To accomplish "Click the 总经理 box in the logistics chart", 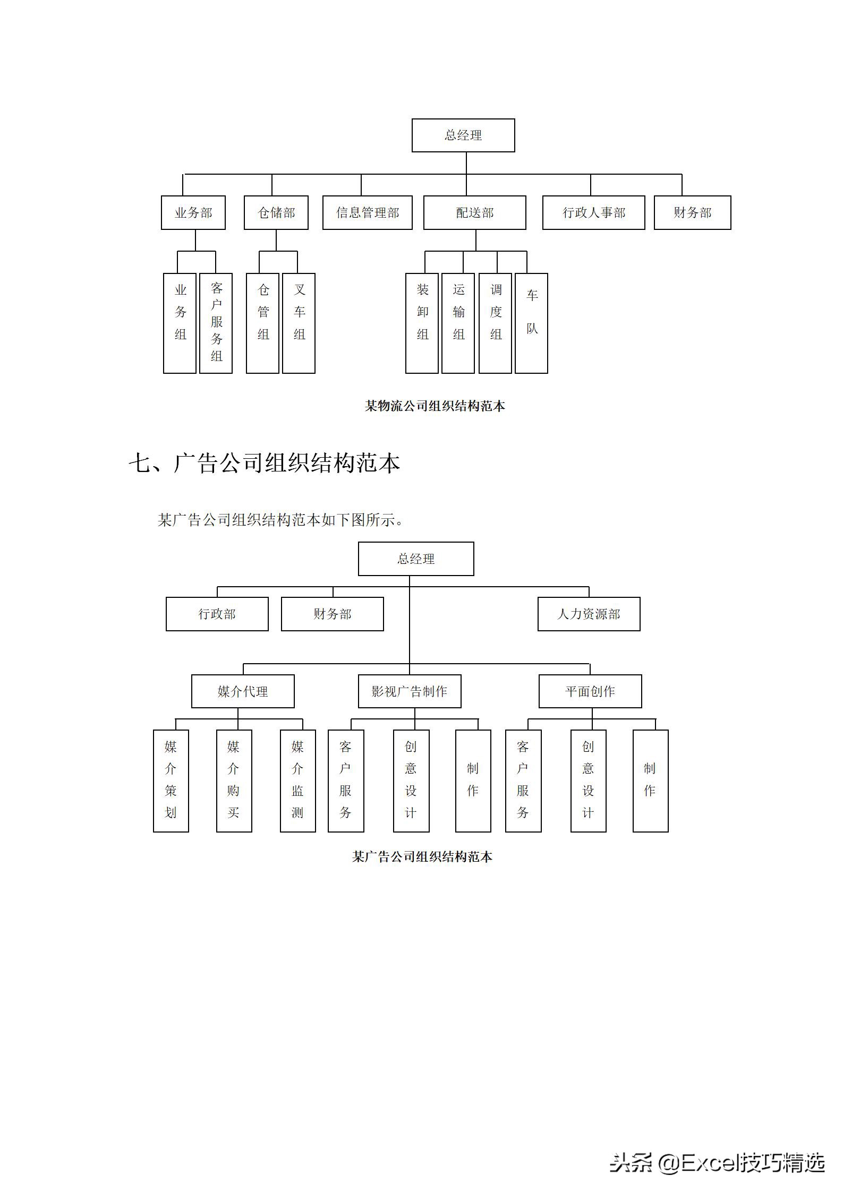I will coord(463,135).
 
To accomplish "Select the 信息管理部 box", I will coord(367,213).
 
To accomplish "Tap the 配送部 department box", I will coord(474,213).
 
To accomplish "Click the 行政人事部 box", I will coord(593,213).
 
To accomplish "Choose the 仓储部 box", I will coord(276,213).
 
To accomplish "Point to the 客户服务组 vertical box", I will coord(216,323).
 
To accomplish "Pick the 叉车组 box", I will coord(299,323).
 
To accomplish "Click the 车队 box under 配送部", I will coord(531,323).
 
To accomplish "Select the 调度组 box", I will coord(495,323).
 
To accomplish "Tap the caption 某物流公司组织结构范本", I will coord(435,406).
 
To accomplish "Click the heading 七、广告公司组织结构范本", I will coord(264,463).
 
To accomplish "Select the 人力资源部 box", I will coord(589,614).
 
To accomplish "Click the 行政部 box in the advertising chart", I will coord(217,614).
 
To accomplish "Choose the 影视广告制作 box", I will coord(409,691).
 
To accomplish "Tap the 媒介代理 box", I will coord(243,691).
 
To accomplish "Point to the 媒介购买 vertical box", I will coord(234,781).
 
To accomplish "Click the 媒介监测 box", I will coord(297,781).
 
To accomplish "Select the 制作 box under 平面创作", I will coord(650,781).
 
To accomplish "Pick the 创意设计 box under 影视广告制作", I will coord(411,781).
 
